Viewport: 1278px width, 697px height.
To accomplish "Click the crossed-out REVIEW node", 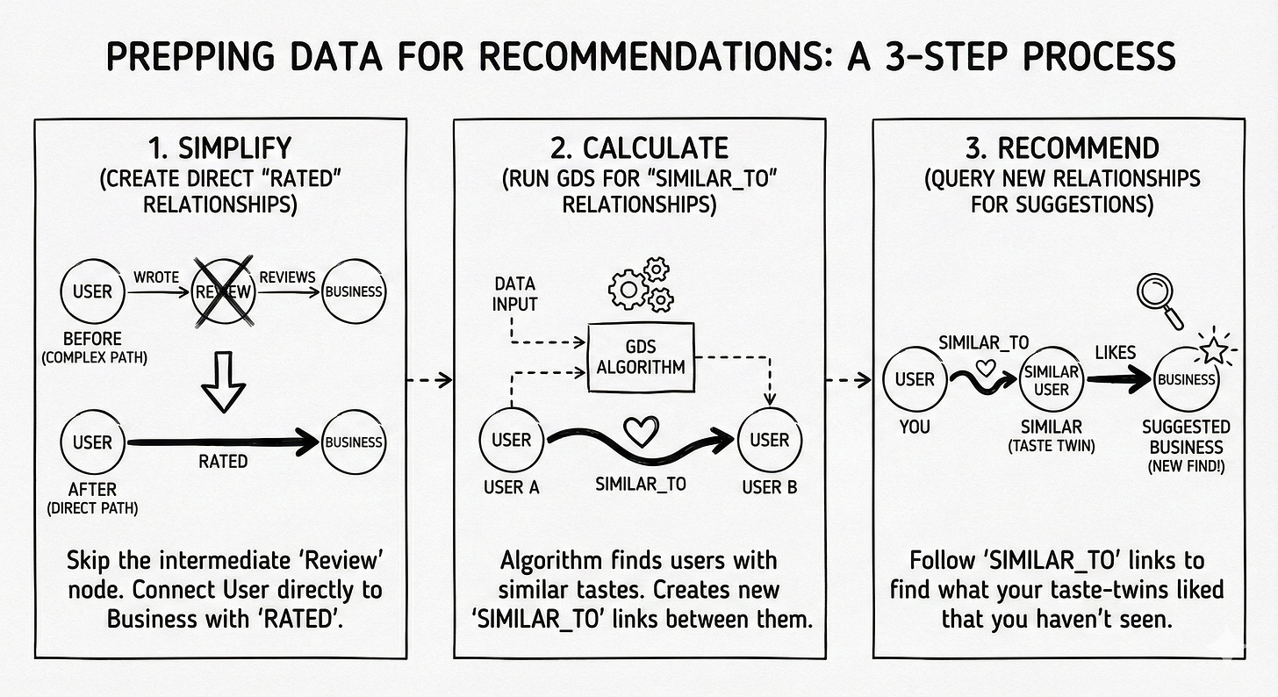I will click(x=223, y=291).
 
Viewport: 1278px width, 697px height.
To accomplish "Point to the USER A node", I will click(x=511, y=440).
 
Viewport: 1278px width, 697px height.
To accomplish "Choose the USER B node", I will click(x=769, y=440).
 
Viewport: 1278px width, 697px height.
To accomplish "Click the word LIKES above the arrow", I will click(x=1116, y=352).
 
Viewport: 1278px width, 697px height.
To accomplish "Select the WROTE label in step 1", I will click(x=156, y=277).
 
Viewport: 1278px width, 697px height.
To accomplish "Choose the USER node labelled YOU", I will click(x=915, y=380).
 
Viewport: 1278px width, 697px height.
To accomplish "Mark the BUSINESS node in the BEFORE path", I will click(x=354, y=291).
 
